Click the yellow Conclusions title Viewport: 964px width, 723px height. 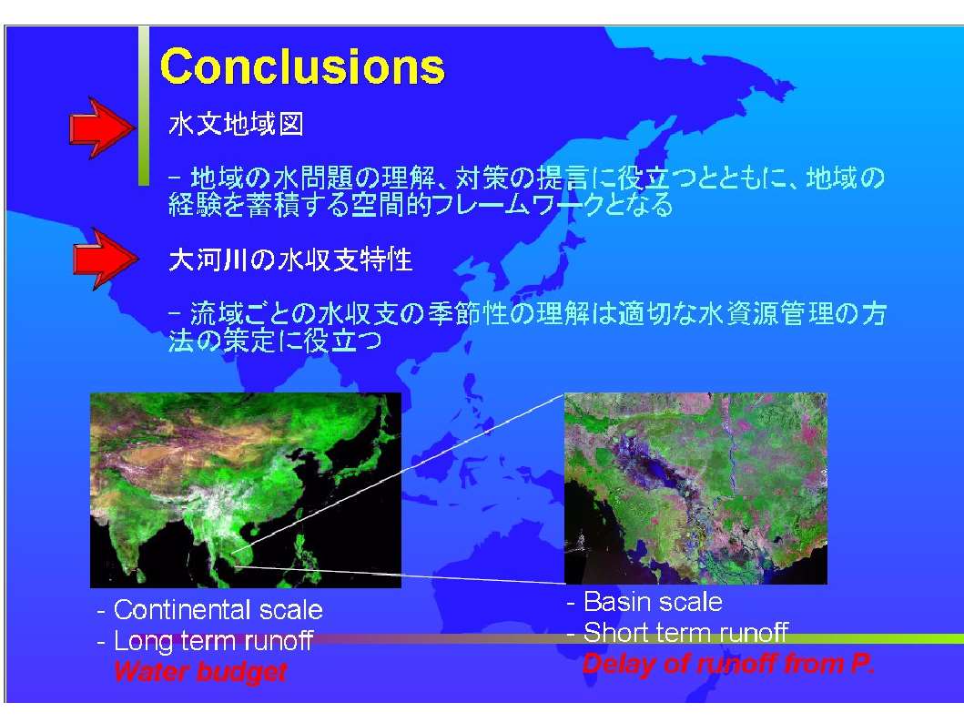tap(302, 66)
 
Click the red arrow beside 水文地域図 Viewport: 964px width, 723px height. tap(102, 127)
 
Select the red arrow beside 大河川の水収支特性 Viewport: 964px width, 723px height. tap(105, 259)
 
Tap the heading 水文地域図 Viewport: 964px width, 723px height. tap(236, 124)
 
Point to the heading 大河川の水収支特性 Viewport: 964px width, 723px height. tap(290, 260)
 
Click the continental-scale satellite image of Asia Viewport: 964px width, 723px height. tap(245, 490)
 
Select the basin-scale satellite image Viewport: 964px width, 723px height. tap(695, 488)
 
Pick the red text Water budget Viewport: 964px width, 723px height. tap(199, 671)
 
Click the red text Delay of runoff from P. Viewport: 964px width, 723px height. tap(728, 664)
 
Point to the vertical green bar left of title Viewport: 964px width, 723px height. tap(143, 106)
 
